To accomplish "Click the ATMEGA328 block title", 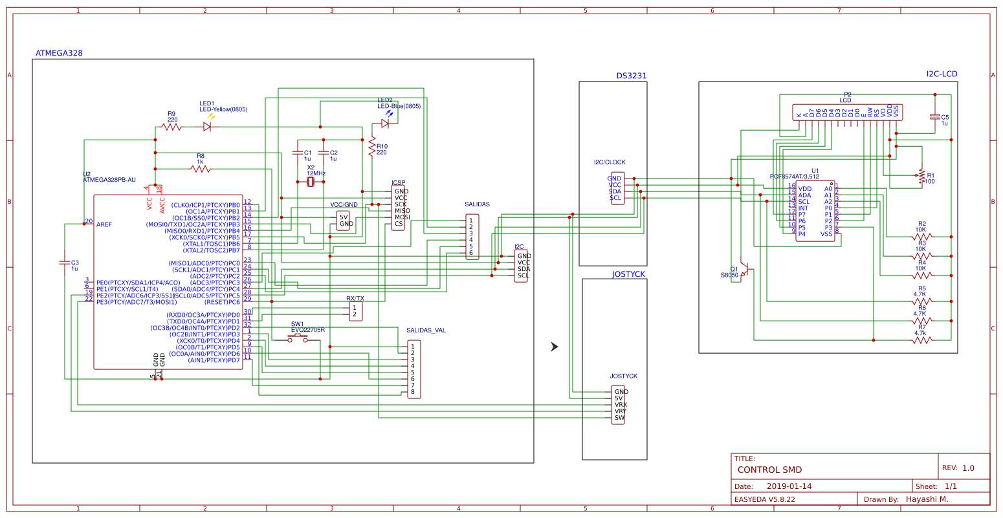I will coord(58,53).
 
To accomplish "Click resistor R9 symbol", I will coord(171,127).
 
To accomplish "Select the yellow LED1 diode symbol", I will coord(207,127).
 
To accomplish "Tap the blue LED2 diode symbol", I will coord(386,123).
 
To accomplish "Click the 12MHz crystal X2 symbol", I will coord(311,182).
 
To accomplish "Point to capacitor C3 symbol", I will coord(64,263).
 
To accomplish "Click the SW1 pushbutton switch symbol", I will coord(298,338).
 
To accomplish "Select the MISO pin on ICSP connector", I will coord(402,211).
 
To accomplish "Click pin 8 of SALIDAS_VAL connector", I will coord(412,392).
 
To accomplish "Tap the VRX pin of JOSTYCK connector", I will coord(621,405).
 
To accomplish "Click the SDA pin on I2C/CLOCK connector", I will coord(615,191).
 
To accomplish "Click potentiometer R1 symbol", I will coord(921,175).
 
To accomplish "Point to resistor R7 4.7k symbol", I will coord(921,340).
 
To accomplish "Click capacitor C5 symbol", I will coord(934,117).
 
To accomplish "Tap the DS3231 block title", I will coord(631,76).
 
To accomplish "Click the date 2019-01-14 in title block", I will coord(789,486).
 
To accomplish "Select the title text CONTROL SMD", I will coord(769,470).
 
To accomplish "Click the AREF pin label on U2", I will coord(104,224).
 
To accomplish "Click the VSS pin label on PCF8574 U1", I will coord(826,234).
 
